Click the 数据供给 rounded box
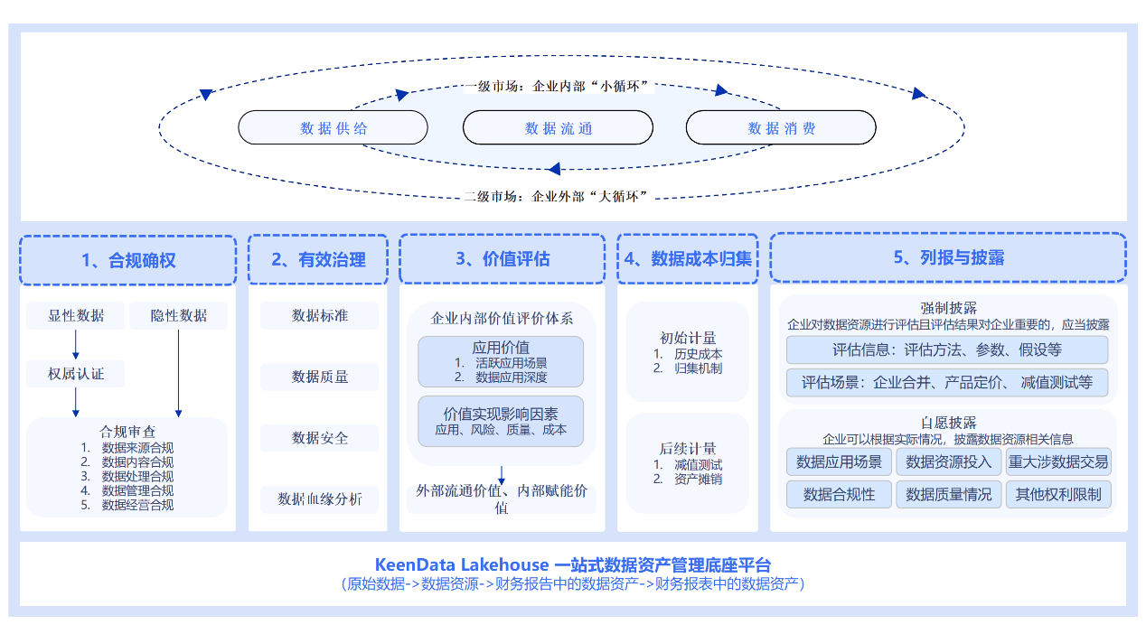click(333, 127)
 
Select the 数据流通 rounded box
click(558, 127)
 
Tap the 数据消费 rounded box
click(781, 127)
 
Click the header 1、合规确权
click(127, 260)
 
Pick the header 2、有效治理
click(318, 260)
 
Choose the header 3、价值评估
click(503, 259)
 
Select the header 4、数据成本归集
click(688, 259)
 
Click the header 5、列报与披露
click(948, 257)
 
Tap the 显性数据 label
click(76, 315)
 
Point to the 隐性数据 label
click(178, 315)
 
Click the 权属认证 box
click(76, 373)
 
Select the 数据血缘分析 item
click(319, 499)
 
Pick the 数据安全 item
click(319, 438)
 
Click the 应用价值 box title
click(501, 348)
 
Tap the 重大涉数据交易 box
click(1058, 461)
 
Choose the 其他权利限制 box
click(1058, 494)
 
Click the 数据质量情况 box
click(948, 494)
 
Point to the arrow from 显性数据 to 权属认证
click(76, 344)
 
